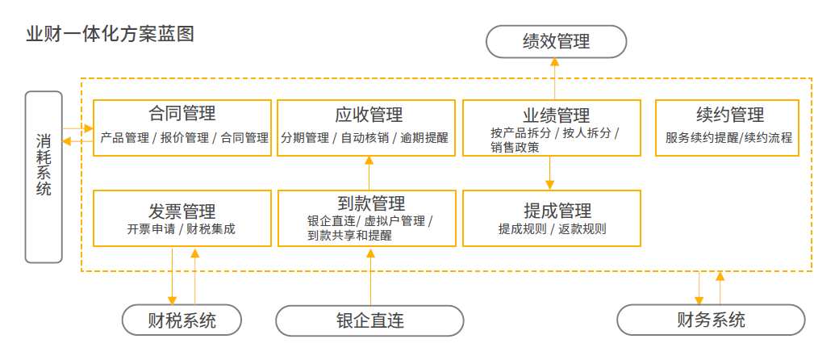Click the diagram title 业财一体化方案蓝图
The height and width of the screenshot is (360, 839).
coord(110,35)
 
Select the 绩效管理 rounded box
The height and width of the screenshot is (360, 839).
coord(556,42)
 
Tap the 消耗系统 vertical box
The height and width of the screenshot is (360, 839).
coord(44,177)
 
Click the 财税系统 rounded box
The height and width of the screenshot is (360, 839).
coord(182,320)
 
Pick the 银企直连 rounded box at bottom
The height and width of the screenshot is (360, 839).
coord(369,320)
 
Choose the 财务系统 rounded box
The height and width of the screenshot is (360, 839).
coord(711,320)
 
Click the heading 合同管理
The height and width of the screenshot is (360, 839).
coord(182,114)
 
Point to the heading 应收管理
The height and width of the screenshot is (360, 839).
coord(369,115)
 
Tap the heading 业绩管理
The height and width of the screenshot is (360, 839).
coord(551,115)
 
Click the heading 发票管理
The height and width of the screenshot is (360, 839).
coord(182,211)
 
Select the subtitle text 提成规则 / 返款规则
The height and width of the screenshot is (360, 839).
coord(552,229)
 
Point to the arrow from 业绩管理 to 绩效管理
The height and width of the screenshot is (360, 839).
coord(554,79)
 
